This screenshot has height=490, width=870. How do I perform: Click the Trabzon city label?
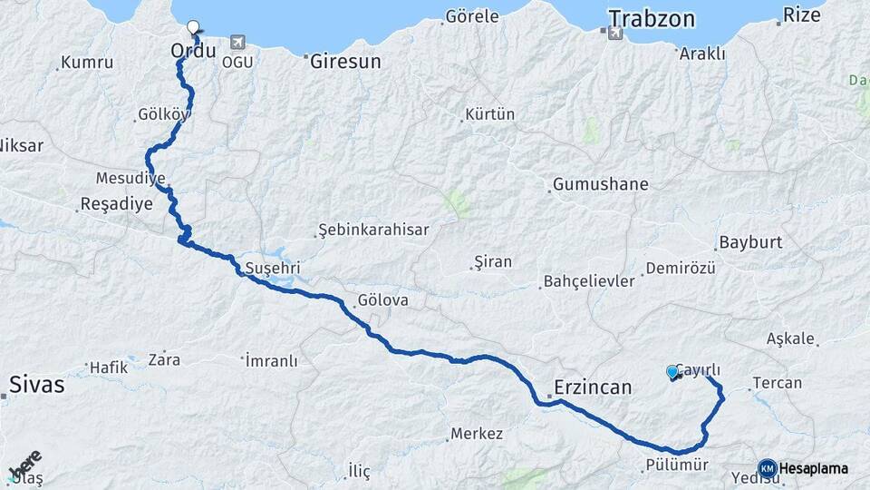(x=651, y=18)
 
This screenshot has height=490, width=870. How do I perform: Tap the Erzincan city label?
(x=592, y=387)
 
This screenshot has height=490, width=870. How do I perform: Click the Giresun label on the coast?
(x=345, y=63)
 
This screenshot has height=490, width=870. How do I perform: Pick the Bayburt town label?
(x=750, y=243)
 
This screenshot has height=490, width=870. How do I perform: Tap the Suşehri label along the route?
(x=272, y=269)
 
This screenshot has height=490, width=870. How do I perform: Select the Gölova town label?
(x=382, y=299)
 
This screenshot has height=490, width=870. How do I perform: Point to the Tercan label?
(x=778, y=383)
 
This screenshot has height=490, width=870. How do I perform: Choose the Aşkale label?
(x=790, y=338)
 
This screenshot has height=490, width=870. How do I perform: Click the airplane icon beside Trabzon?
(x=615, y=34)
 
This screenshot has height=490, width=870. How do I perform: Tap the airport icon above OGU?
(x=237, y=42)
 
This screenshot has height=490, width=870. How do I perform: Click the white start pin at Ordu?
(x=192, y=28)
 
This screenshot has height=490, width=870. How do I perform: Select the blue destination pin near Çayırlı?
(x=672, y=372)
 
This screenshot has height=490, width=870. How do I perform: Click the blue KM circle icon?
(x=767, y=468)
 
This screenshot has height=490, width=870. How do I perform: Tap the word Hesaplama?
(x=814, y=469)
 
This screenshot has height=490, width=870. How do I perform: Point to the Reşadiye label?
(x=117, y=203)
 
